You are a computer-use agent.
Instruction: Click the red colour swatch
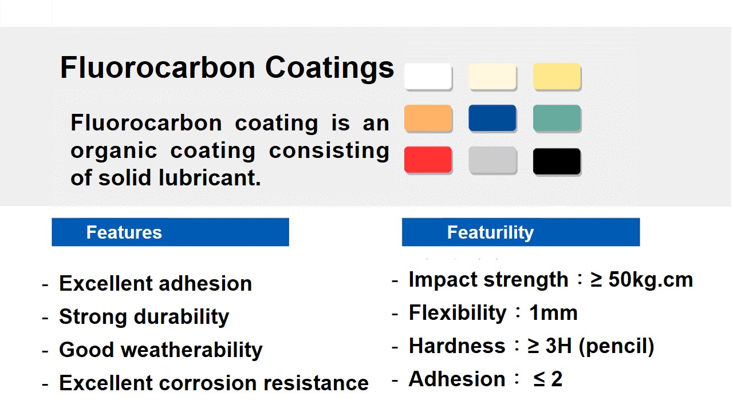[x=428, y=160]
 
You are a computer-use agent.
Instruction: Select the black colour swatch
[x=557, y=161]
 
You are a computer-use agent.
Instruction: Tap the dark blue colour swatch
[x=492, y=118]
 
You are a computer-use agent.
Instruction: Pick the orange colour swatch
[x=428, y=118]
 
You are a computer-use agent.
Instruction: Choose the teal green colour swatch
[x=557, y=118]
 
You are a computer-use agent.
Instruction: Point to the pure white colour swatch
[x=428, y=76]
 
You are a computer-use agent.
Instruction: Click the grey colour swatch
[x=492, y=160]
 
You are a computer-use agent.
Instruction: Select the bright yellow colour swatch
[x=557, y=76]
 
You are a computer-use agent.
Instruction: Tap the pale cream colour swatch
[x=492, y=76]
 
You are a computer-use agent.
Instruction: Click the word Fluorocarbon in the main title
[x=157, y=67]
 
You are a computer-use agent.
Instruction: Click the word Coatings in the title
[x=329, y=68]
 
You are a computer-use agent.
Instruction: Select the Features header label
[x=124, y=232]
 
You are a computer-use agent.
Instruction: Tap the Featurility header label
[x=490, y=232]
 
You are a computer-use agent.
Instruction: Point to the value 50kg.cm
[x=651, y=280]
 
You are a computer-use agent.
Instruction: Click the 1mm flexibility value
[x=553, y=312]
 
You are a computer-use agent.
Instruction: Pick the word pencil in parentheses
[x=616, y=346]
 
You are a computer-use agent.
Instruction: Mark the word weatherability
[x=192, y=350]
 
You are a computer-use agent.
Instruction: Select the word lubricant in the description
[x=210, y=177]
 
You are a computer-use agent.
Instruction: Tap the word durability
[x=182, y=317]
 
